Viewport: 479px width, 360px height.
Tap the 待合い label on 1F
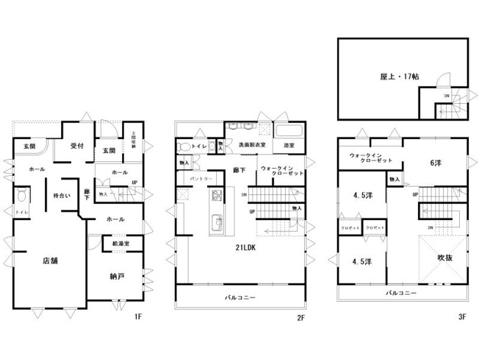[61, 196]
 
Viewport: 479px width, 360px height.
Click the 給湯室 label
[121, 244]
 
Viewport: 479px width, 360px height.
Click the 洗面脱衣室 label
[251, 146]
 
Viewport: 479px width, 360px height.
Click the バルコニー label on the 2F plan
[239, 298]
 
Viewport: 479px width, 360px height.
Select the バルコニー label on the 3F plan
[401, 293]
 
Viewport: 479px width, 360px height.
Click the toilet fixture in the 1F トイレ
[21, 197]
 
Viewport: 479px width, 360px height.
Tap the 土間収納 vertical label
[134, 141]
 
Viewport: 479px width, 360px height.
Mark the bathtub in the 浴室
[288, 130]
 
